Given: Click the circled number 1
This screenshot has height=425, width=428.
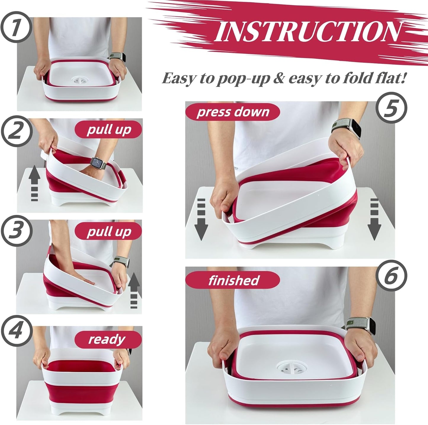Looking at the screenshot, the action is coord(17,27).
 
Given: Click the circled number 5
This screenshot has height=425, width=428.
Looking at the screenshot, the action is coord(391,108).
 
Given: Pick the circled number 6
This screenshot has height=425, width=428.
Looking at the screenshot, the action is coord(391,276).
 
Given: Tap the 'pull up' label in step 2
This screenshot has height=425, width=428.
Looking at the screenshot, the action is coord(109,130).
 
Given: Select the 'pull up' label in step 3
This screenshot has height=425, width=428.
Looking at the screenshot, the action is coord(109,232).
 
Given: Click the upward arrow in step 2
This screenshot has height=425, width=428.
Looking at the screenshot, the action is coord(34,183).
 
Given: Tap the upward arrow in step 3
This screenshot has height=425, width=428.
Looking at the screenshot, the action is coord(134,290).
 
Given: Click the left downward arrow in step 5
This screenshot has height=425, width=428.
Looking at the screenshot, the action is coord(201,219).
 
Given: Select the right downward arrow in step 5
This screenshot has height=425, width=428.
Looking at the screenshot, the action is coord(374,219).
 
